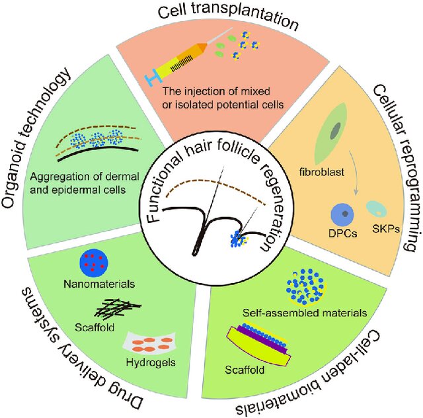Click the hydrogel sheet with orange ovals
tap(145, 343)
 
